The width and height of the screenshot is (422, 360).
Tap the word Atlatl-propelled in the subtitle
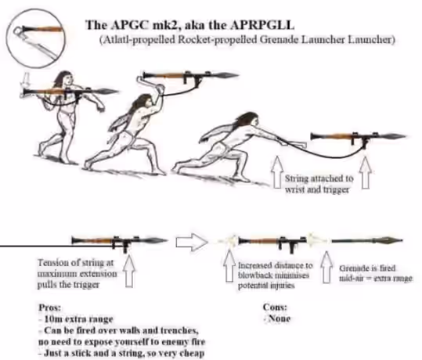click(x=137, y=40)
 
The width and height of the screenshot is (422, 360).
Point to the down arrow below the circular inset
click(x=26, y=81)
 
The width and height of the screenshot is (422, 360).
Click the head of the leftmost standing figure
click(x=64, y=78)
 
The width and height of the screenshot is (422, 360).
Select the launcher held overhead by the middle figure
click(x=189, y=76)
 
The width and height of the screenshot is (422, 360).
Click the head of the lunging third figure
click(x=249, y=120)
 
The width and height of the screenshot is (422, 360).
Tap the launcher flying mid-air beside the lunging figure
click(x=357, y=137)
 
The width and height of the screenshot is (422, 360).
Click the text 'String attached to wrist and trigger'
click(x=319, y=184)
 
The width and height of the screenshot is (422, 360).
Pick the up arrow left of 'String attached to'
click(x=278, y=172)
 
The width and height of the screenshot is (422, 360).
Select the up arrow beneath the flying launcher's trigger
click(x=366, y=172)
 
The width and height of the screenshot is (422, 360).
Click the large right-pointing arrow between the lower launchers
click(x=192, y=242)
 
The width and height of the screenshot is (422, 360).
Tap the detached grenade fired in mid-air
click(x=367, y=240)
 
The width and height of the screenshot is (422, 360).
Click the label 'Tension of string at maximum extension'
click(x=78, y=268)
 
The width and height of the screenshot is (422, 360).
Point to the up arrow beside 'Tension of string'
click(x=129, y=271)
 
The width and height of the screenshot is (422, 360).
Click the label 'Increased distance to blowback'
click(x=275, y=271)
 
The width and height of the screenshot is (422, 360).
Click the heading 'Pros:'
click(x=50, y=308)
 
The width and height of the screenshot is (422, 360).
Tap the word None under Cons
click(x=279, y=319)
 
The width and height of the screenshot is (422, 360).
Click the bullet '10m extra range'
click(x=76, y=319)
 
